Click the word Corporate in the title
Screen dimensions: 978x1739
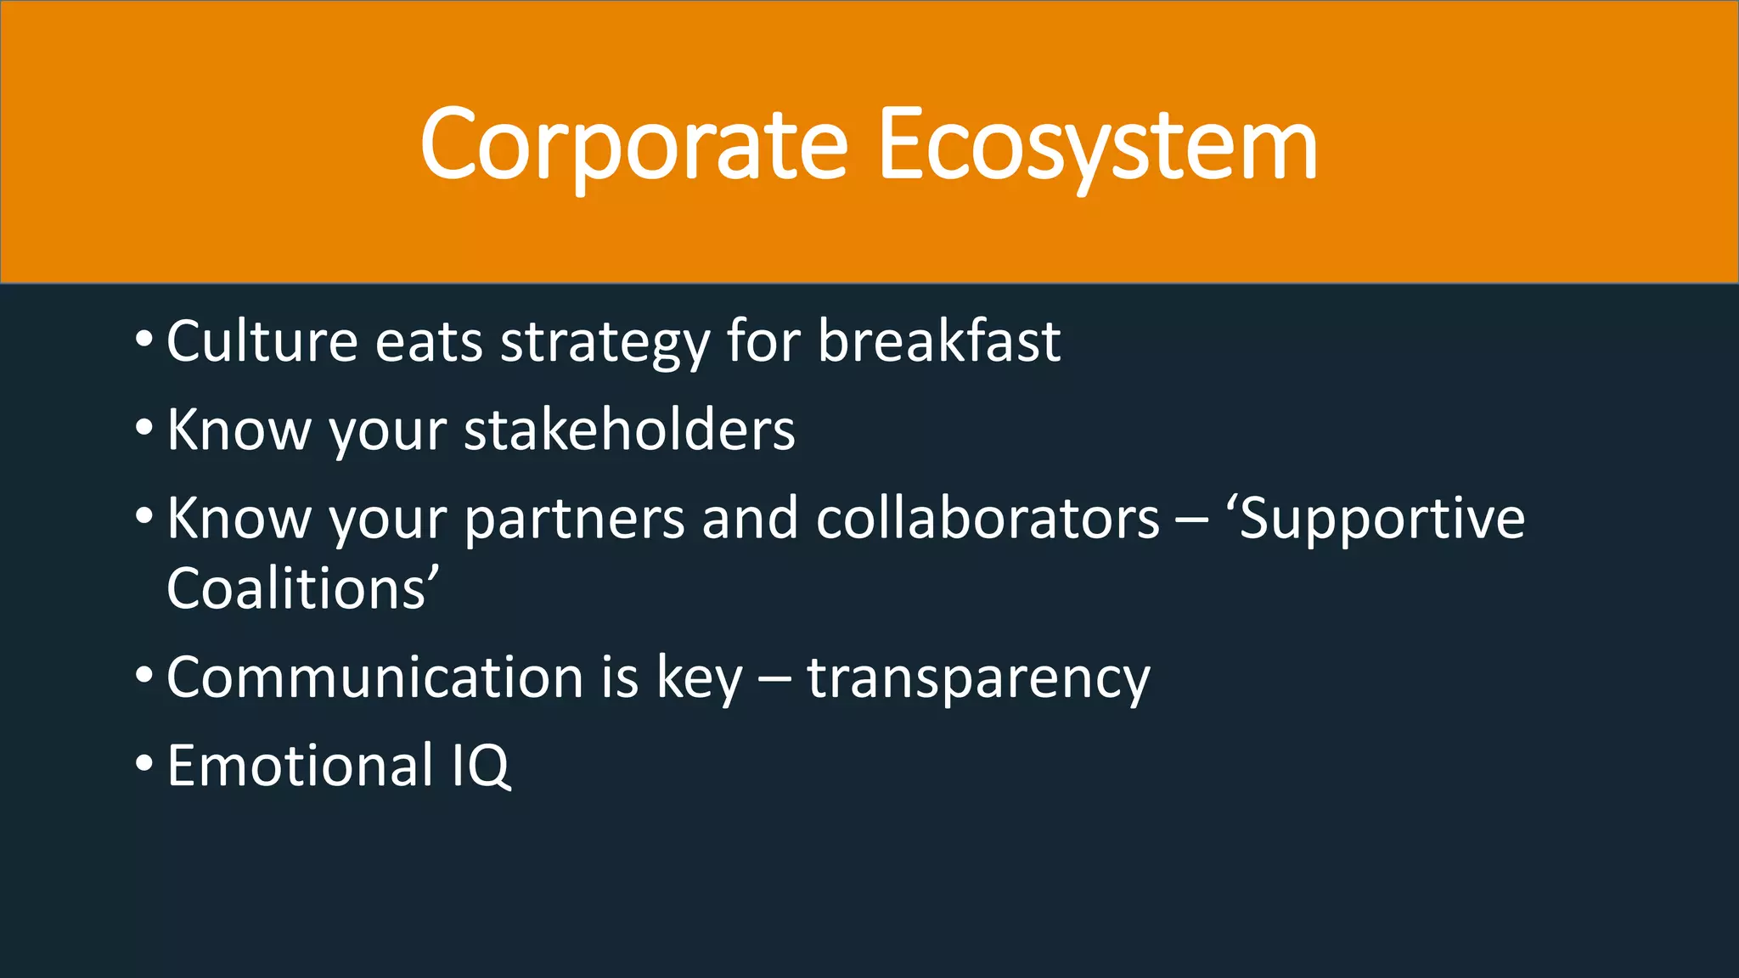633,146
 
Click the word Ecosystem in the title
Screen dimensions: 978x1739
1097,146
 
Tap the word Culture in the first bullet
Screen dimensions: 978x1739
262,341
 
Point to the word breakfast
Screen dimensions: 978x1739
938,341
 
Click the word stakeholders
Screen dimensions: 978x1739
629,430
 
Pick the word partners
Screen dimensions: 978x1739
574,520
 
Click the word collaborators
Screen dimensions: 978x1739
988,518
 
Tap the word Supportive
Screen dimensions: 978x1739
1382,520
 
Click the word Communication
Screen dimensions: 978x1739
374,677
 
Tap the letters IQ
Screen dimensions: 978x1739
481,766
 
